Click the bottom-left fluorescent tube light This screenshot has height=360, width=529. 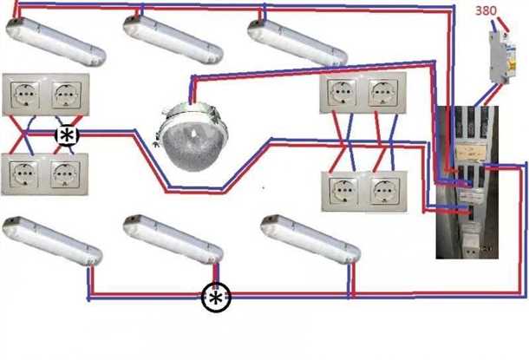52,242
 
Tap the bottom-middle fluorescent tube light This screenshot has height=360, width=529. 174,240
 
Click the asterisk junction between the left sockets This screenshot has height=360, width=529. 66,136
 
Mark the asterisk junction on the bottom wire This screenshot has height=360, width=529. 215,298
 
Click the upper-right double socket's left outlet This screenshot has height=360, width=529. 341,94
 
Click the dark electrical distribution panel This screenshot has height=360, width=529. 466,182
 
